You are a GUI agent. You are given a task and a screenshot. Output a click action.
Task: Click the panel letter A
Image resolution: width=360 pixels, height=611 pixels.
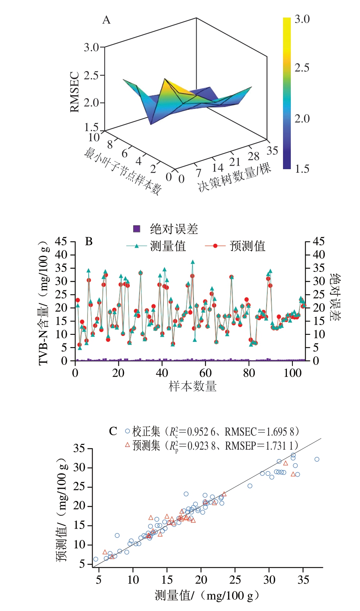(x=106, y=20)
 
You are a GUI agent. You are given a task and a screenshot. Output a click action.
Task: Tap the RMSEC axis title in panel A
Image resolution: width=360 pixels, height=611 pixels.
(x=75, y=93)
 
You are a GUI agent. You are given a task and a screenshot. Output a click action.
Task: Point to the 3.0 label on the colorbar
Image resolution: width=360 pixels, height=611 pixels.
(x=302, y=19)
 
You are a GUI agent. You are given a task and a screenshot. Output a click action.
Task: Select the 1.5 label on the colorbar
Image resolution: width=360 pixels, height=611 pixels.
(x=302, y=169)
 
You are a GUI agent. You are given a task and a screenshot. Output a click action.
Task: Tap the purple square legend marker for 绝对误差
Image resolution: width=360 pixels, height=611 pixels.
(x=136, y=229)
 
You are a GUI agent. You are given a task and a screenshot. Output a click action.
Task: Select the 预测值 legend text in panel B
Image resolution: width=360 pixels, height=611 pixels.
(x=247, y=246)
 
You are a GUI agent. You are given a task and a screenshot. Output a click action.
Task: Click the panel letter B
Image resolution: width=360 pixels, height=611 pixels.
(x=89, y=242)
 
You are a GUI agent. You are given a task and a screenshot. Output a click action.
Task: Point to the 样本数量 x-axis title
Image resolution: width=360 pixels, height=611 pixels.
(x=193, y=387)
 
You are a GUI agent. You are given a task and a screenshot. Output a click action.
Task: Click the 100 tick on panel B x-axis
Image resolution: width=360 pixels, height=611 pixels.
(x=292, y=373)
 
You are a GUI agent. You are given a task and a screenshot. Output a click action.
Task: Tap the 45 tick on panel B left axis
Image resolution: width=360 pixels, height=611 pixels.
(x=61, y=242)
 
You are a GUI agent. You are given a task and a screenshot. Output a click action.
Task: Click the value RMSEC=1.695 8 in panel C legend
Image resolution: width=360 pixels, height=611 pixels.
(x=261, y=432)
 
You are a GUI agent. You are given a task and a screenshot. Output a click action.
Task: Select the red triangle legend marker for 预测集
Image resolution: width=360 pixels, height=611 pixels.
(x=127, y=445)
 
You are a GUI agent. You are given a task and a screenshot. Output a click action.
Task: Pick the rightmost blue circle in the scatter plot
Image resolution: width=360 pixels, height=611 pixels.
(x=317, y=459)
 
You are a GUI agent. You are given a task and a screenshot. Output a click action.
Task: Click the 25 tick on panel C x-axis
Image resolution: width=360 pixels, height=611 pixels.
(x=235, y=580)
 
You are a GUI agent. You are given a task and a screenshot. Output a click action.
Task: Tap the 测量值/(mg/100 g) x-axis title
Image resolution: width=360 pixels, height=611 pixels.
(x=207, y=596)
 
